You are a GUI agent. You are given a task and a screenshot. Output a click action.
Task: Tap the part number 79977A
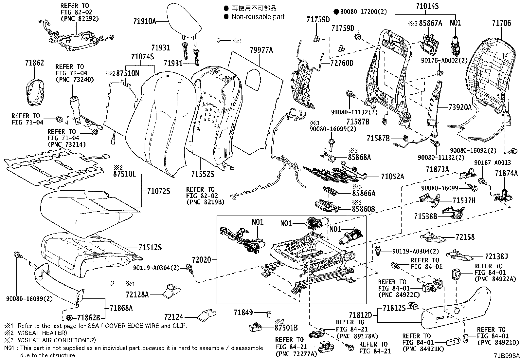261,50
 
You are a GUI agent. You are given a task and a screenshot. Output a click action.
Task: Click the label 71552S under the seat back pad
203,174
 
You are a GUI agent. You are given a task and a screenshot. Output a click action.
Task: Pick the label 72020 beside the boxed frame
200,260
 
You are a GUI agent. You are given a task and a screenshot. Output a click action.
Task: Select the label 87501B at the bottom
286,328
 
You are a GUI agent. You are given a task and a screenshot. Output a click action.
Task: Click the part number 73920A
460,107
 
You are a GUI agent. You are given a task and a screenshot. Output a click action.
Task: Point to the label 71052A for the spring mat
392,177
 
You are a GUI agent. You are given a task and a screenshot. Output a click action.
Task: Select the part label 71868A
121,308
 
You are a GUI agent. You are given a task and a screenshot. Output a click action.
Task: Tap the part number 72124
174,317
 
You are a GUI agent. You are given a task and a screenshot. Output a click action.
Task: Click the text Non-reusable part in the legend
258,17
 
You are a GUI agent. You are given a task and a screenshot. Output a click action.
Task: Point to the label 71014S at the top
427,6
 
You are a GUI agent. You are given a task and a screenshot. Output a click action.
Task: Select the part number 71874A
506,173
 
